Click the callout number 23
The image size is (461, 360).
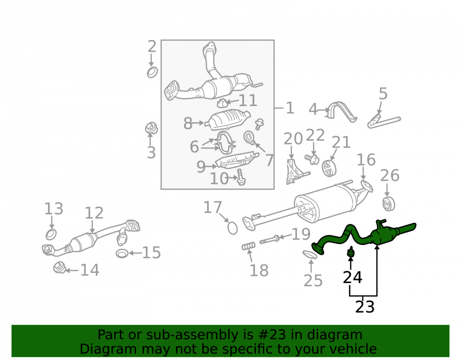(365, 307)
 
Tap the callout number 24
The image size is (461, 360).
(353, 277)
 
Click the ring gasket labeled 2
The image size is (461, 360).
(152, 72)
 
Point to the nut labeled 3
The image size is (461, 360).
(151, 128)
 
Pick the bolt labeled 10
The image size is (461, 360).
(241, 177)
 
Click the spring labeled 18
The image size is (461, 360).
(249, 246)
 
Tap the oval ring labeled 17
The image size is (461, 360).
(232, 228)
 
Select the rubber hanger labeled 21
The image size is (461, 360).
(329, 168)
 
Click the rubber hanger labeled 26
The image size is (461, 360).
(389, 204)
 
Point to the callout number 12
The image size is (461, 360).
(94, 213)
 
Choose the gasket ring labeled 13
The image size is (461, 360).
(51, 235)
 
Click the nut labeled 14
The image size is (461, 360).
(59, 267)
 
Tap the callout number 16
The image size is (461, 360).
(366, 159)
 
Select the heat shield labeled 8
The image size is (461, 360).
(228, 119)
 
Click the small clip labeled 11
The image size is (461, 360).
(222, 103)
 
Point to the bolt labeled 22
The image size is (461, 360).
(312, 159)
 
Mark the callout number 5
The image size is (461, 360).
(383, 94)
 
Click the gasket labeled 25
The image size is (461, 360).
(310, 254)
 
